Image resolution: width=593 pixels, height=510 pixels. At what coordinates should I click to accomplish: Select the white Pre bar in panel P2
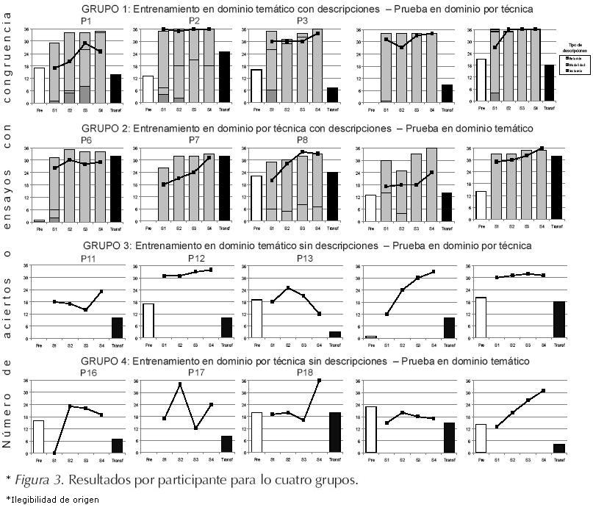148,90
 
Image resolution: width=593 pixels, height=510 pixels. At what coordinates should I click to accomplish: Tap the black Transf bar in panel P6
115,189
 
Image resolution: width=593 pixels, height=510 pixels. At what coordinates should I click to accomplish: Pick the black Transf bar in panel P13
334,335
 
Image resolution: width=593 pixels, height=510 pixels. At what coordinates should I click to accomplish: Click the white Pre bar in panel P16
39,437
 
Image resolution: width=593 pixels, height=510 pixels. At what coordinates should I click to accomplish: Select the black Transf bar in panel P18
334,433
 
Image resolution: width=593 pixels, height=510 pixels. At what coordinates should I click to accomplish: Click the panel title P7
194,140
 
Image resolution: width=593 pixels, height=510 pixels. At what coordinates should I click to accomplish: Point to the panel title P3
303,20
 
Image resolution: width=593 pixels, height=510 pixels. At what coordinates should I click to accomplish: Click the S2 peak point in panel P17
180,384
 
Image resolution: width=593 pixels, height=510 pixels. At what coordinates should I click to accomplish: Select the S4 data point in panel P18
319,381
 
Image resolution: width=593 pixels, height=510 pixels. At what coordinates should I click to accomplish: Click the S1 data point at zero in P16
54,453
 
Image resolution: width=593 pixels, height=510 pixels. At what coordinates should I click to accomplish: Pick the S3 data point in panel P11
85,310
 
